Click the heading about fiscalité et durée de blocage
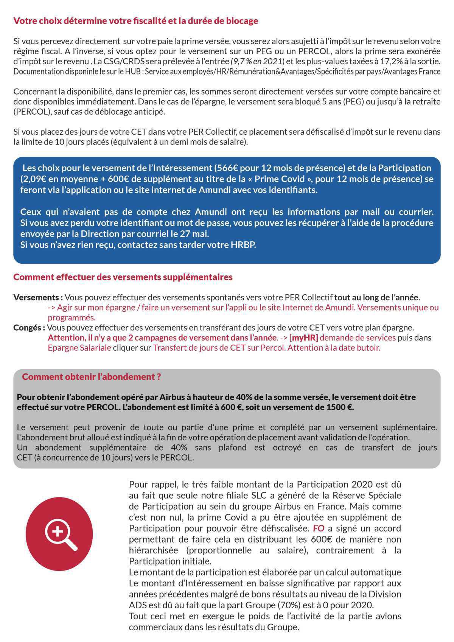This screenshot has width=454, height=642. coord(135,21)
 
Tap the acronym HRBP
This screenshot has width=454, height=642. coord(243,244)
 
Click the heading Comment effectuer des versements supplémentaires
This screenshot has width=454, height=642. coord(123,277)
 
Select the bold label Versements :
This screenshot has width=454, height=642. coord(38,297)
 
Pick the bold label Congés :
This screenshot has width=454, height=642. coord(30,327)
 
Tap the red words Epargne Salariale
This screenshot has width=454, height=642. coord(79,348)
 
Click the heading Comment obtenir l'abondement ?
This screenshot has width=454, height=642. coord(92,377)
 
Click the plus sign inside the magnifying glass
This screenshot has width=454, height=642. coord(57,531)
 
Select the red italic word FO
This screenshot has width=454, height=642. coord(318,528)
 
